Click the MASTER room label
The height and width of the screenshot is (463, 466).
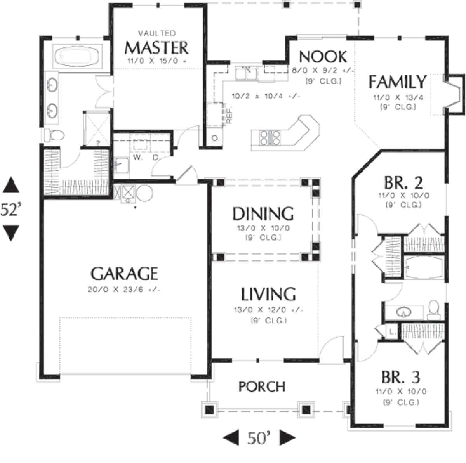[157, 48]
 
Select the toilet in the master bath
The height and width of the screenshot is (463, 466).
[54, 135]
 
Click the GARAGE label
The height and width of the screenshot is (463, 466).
[124, 274]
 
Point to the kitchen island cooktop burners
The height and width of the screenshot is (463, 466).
[270, 137]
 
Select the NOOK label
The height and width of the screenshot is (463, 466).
[323, 57]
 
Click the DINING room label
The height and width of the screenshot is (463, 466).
[263, 213]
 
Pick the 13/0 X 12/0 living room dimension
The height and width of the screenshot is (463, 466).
[269, 310]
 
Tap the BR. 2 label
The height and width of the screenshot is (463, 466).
[403, 183]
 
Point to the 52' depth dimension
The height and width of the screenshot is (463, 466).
[10, 209]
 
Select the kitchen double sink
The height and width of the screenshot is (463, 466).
[246, 74]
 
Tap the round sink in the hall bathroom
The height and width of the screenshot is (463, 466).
[404, 312]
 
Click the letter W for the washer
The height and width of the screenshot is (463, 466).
[137, 158]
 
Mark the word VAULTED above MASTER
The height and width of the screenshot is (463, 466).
[157, 33]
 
